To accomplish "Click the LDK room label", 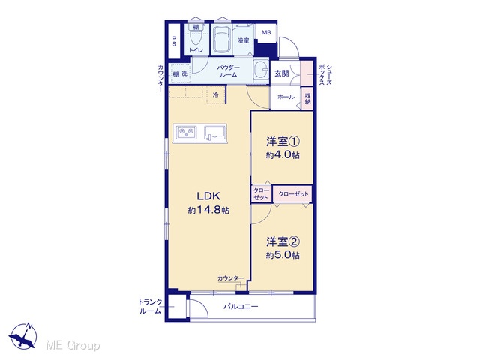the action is pyautogui.click(x=208, y=196).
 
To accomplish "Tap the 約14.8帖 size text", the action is pyautogui.click(x=208, y=210).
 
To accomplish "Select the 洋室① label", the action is pyautogui.click(x=283, y=142).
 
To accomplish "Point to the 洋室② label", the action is pyautogui.click(x=283, y=241).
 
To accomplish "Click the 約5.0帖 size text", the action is pyautogui.click(x=283, y=255).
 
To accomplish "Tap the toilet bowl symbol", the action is pyautogui.click(x=195, y=38).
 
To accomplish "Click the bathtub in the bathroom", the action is pyautogui.click(x=221, y=40).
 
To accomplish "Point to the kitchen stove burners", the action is pyautogui.click(x=186, y=132).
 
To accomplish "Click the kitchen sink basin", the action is pyautogui.click(x=215, y=133).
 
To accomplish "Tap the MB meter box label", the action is pyautogui.click(x=265, y=32).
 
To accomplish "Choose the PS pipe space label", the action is pyautogui.click(x=174, y=41).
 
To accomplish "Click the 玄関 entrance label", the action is pyautogui.click(x=282, y=73).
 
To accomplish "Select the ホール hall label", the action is pyautogui.click(x=286, y=97).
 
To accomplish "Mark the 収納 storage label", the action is pyautogui.click(x=307, y=98).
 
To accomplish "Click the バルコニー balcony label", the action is pyautogui.click(x=241, y=306).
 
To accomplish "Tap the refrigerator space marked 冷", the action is pyautogui.click(x=216, y=95).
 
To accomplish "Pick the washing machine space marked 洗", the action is pyautogui.click(x=184, y=73).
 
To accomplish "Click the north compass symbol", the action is pyautogui.click(x=23, y=335).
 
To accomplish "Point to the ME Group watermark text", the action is pyautogui.click(x=73, y=345).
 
